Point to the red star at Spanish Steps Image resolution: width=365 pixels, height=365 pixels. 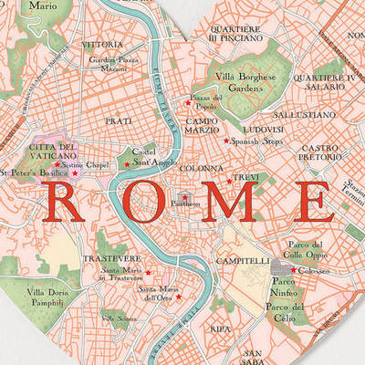tap(226, 141)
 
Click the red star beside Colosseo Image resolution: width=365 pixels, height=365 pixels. tap(291, 269)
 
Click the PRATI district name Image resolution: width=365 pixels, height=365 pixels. tap(120, 120)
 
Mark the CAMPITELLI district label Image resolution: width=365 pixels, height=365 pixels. tap(240, 260)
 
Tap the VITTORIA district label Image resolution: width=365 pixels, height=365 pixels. tap(101, 44)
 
